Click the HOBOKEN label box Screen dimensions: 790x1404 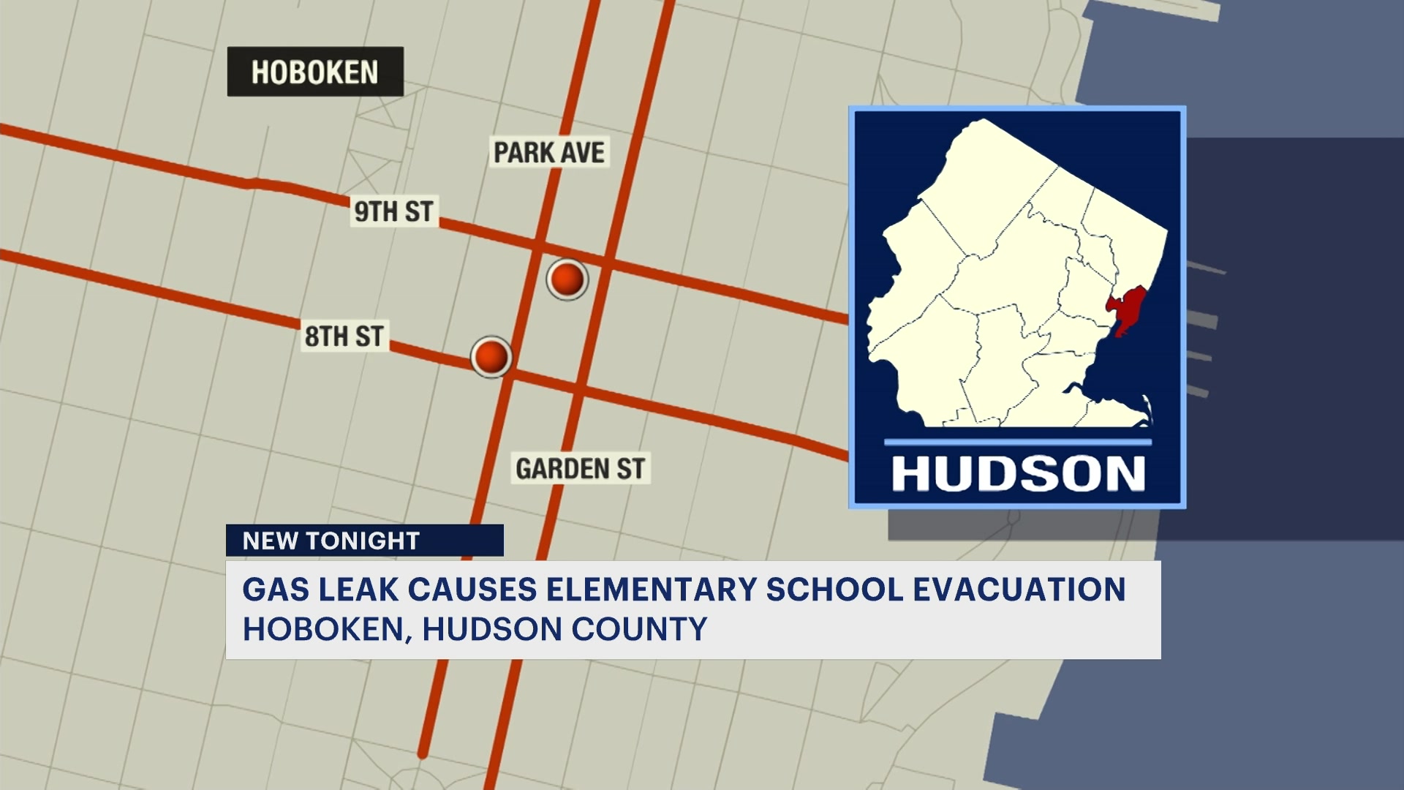point(315,72)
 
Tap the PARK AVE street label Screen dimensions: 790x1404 point(549,153)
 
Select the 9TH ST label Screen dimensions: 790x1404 point(393,211)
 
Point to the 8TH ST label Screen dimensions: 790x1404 point(344,336)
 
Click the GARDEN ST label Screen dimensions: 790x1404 point(580,469)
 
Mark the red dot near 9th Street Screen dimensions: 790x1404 point(567,279)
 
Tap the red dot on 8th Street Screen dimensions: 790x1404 point(491,357)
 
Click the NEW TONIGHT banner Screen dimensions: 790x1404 point(364,541)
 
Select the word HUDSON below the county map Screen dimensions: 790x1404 point(1018,474)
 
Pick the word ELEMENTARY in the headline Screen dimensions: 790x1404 point(651,590)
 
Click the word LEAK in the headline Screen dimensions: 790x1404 point(359,590)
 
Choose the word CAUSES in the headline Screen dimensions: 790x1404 point(472,590)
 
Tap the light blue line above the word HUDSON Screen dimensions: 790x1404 point(1017,443)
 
